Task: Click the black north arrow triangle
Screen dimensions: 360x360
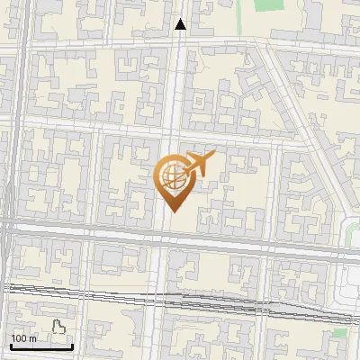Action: point(181,24)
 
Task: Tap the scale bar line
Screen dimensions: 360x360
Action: point(41,346)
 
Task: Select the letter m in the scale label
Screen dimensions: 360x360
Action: point(32,338)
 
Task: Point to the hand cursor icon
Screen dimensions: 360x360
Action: point(59,328)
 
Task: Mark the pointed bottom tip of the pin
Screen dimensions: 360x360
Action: point(171,211)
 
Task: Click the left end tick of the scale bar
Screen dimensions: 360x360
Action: point(11,346)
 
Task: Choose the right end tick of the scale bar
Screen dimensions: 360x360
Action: point(72,346)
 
